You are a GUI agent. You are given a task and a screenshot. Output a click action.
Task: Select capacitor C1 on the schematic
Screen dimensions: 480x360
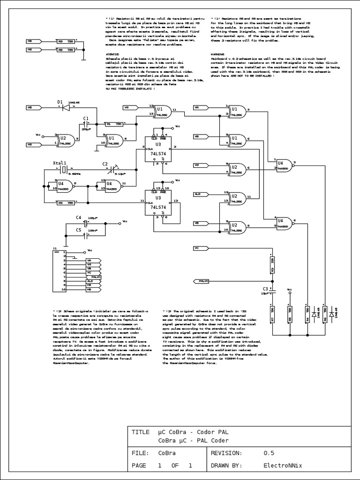click(86, 124)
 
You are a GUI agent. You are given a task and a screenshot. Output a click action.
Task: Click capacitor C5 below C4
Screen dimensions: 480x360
click(86, 231)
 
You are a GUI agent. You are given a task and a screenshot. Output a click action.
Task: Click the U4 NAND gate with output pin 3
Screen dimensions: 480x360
click(283, 165)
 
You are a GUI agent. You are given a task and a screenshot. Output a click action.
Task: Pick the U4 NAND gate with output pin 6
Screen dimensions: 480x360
click(283, 222)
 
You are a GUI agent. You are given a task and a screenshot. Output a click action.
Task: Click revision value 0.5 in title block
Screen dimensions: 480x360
click(269, 453)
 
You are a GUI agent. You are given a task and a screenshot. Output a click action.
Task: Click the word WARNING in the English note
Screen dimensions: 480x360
click(218, 54)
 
